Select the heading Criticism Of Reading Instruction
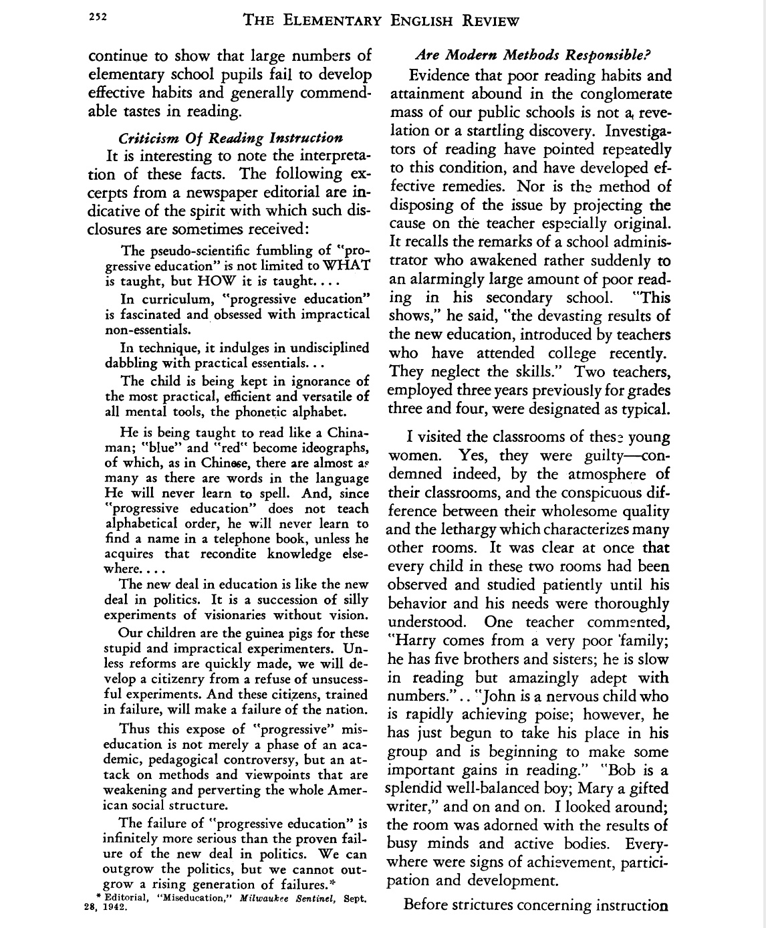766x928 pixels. (x=230, y=138)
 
